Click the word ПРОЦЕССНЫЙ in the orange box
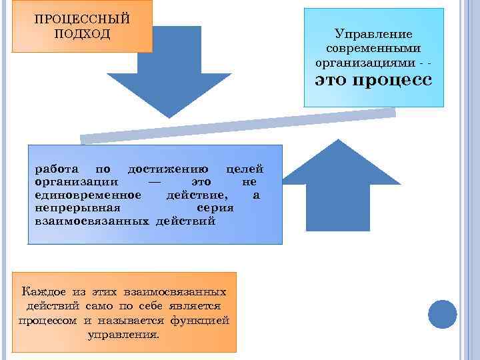click(81, 18)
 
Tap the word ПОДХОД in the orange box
click(81, 33)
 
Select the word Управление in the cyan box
click(373, 34)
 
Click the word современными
click(373, 48)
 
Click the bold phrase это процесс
click(373, 81)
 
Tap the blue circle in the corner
click(441, 314)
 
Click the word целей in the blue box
click(245, 169)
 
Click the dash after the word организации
click(155, 182)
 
